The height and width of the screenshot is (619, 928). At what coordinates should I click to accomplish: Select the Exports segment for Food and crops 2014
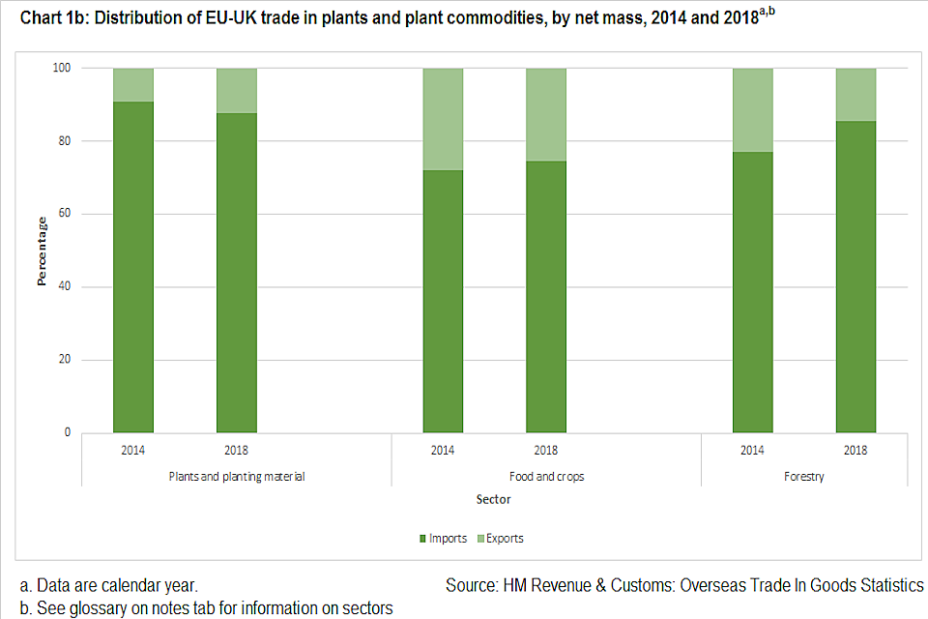[443, 119]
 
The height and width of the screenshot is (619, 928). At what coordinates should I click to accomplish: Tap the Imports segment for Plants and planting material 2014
[133, 267]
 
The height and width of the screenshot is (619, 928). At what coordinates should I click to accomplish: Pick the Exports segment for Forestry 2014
[752, 109]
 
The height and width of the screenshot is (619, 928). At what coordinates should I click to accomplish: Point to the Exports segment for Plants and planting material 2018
[236, 90]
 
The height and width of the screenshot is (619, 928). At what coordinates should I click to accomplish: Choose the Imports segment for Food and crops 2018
[546, 297]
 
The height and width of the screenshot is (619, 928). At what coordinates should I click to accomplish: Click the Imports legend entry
[446, 538]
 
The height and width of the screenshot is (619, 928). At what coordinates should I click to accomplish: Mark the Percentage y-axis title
[42, 250]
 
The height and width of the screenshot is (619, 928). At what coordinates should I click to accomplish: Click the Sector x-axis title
[493, 500]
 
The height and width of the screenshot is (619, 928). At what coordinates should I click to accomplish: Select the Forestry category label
[804, 477]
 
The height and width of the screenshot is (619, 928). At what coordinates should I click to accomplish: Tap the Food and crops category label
[546, 477]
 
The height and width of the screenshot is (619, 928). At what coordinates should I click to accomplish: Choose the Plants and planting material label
[237, 477]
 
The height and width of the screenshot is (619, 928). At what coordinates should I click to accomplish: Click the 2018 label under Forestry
[855, 450]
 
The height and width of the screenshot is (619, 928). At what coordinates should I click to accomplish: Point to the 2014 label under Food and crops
[443, 450]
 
